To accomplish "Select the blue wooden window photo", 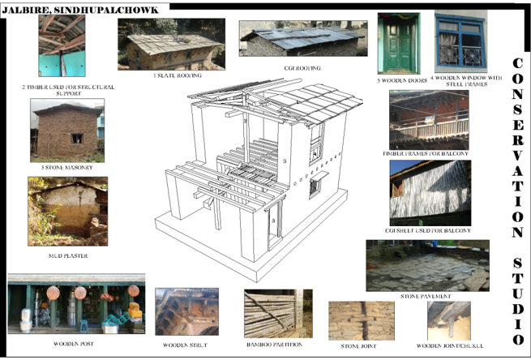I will (460, 41).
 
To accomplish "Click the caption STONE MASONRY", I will (67, 167).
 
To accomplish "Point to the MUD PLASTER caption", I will (67, 255).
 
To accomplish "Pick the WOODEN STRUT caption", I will (185, 345).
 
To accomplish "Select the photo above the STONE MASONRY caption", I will (67, 130).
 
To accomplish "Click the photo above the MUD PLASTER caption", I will (67, 212).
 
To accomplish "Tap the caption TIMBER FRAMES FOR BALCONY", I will (429, 153).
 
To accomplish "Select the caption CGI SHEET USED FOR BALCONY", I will (429, 230).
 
